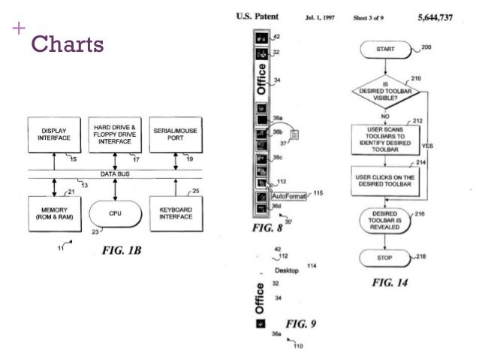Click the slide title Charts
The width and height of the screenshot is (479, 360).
[x=65, y=44]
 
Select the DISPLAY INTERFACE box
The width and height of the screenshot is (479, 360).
[x=52, y=134]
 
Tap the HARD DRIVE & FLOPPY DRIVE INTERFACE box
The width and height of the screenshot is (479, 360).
[x=114, y=134]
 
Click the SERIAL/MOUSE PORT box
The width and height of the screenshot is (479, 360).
[x=175, y=134]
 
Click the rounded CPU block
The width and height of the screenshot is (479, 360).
[x=114, y=213]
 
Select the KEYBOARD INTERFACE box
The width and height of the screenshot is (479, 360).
[x=175, y=213]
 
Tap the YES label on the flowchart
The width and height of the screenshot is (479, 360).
[x=429, y=145]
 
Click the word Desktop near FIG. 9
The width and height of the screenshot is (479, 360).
[x=288, y=269]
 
